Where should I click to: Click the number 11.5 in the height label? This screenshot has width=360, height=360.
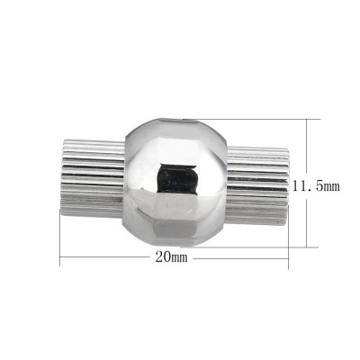point(306,185)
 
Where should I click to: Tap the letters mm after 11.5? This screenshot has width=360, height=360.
point(330,185)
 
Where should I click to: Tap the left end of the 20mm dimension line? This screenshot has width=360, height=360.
point(61,259)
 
